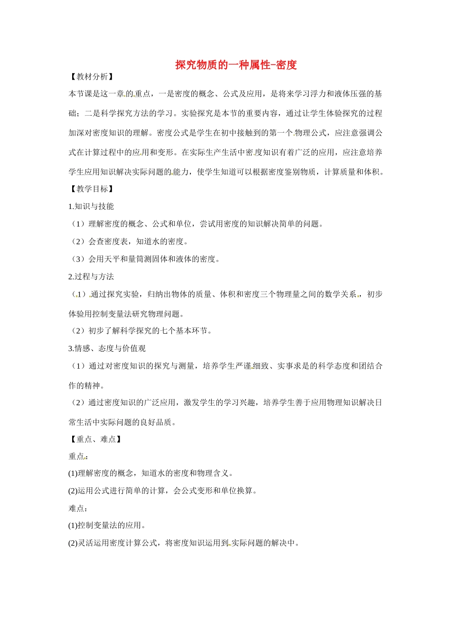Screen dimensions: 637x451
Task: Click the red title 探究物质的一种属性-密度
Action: (236, 65)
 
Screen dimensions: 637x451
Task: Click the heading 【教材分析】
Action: (91, 77)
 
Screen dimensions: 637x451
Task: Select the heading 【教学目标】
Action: (91, 189)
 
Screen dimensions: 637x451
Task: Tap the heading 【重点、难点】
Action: (95, 439)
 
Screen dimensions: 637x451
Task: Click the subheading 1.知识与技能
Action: (91, 206)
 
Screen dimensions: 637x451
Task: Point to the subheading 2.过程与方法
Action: (91, 277)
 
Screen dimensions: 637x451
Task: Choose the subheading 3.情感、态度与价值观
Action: (107, 348)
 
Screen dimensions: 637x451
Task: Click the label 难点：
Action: (78, 508)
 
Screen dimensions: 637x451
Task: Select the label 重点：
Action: (78, 456)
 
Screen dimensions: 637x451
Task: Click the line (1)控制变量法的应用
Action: (107, 525)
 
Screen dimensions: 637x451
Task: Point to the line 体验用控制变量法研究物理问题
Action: (127, 314)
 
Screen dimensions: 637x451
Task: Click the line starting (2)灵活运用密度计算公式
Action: (184, 543)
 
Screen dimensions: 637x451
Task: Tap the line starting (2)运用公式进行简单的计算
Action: (163, 491)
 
